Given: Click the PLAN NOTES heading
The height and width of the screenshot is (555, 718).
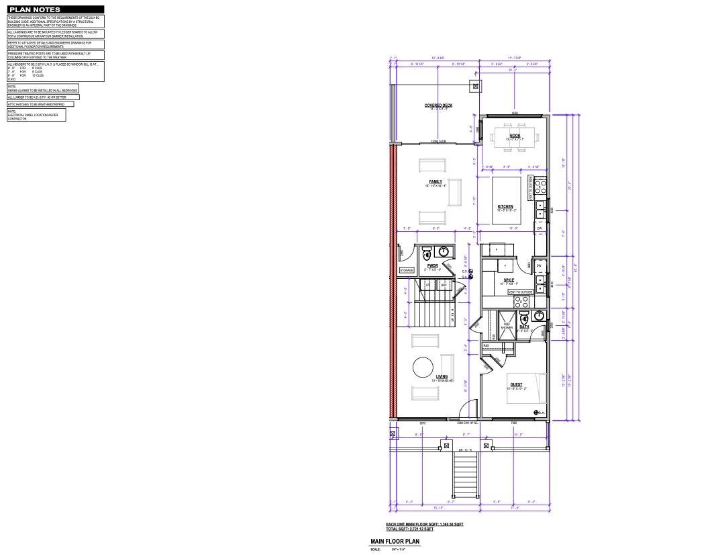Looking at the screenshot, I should tap(34, 10).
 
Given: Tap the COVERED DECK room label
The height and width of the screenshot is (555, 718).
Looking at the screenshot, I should tap(438, 105).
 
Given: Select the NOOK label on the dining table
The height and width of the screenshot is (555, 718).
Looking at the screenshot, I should tap(515, 136).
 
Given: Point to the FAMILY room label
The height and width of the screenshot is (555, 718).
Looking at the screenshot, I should tap(435, 181).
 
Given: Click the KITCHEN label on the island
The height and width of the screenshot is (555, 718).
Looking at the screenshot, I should tap(505, 206).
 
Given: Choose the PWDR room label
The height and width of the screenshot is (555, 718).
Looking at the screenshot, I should tap(432, 265).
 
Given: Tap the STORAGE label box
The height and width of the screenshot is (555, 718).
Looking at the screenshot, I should tap(407, 270).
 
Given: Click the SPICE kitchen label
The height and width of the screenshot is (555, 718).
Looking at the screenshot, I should tap(509, 280).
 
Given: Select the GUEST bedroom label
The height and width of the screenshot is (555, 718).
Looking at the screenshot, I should tap(516, 384).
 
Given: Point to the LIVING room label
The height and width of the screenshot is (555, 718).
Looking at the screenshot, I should tap(442, 376).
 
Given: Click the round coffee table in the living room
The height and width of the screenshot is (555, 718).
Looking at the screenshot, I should tap(423, 368).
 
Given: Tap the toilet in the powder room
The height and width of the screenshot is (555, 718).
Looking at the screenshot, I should tap(426, 254).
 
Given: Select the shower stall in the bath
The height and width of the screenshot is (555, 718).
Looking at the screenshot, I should tap(507, 323).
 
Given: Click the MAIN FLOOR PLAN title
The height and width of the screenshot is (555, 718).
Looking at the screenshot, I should tap(395, 541).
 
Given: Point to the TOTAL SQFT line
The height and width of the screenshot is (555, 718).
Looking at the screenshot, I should tap(405, 529).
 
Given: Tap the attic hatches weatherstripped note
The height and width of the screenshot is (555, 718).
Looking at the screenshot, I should tap(40, 104).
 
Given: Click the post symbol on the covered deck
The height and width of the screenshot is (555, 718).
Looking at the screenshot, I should tap(476, 86).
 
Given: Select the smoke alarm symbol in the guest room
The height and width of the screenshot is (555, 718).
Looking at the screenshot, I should tap(535, 412).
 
